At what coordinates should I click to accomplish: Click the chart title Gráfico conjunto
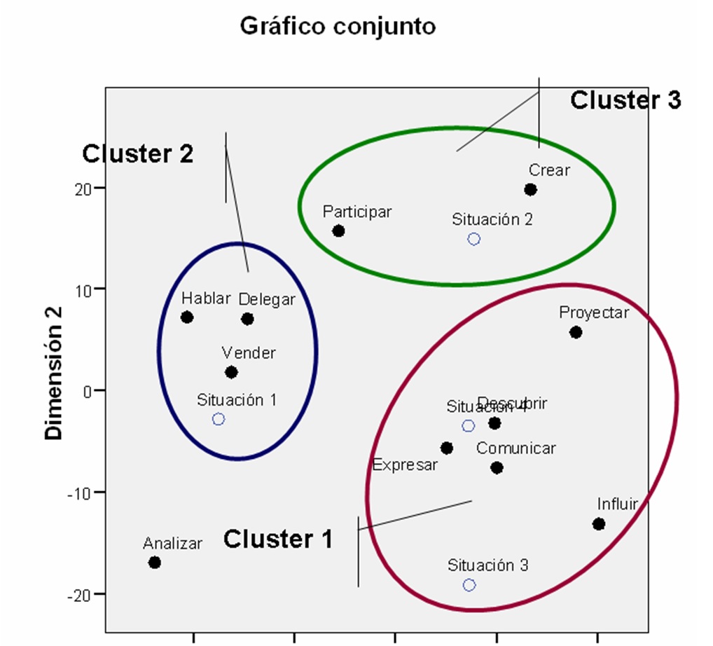[x=338, y=26]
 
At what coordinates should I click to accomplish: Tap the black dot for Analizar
[x=155, y=562]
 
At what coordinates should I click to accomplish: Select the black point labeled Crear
[x=530, y=189]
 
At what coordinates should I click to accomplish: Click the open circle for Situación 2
[x=474, y=239]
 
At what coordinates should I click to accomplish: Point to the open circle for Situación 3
[x=469, y=584]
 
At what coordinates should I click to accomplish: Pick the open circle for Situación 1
[x=219, y=419]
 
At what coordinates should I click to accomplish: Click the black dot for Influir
[x=598, y=523]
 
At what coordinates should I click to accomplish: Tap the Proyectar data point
[x=576, y=332]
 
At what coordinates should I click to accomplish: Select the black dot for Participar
[x=338, y=231]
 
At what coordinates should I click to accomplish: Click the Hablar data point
[x=187, y=317]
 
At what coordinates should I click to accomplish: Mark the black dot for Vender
[x=231, y=372]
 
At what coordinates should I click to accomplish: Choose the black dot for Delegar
[x=247, y=319]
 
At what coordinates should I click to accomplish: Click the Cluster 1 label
[x=278, y=540]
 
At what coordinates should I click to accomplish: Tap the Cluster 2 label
[x=137, y=154]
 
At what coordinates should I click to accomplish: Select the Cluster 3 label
[x=625, y=100]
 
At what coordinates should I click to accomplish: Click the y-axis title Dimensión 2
[x=53, y=372]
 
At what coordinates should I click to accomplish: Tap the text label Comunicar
[x=516, y=448]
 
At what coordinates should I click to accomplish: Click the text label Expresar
[x=405, y=465]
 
